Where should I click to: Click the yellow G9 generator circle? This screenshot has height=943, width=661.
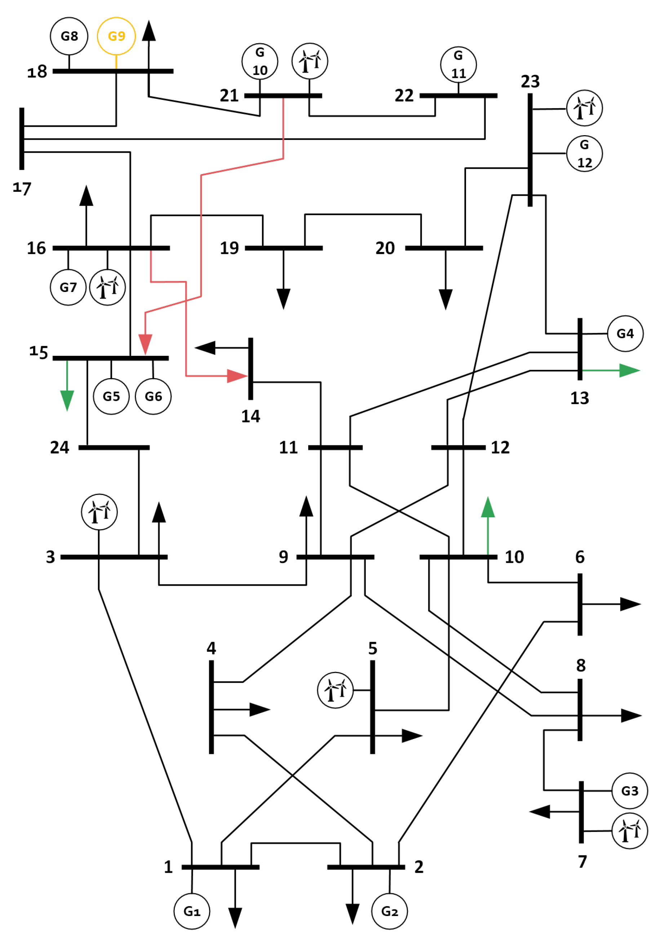(x=116, y=36)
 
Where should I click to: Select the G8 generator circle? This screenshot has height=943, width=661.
(x=69, y=36)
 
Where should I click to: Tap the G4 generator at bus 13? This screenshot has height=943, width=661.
(x=625, y=333)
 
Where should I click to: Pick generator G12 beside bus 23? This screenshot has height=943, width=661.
(x=585, y=154)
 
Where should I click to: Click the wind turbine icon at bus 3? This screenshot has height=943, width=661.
(x=99, y=512)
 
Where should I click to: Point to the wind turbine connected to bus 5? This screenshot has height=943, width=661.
(x=336, y=690)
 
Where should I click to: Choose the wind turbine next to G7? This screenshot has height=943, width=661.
(x=107, y=287)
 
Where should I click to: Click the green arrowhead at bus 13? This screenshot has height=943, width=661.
(x=630, y=371)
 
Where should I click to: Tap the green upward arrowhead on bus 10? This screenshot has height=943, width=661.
(x=488, y=507)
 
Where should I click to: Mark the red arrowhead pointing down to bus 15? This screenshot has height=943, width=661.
(x=145, y=345)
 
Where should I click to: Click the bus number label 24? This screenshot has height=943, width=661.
(x=59, y=447)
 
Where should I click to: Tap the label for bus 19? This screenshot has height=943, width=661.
(x=229, y=248)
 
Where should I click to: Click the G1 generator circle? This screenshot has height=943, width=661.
(x=192, y=911)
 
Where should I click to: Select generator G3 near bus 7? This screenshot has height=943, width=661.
(x=630, y=791)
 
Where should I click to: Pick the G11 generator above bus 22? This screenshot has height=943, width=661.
(x=458, y=65)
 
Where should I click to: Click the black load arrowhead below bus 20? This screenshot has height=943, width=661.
(x=445, y=300)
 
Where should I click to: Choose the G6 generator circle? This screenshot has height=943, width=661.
(x=153, y=396)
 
